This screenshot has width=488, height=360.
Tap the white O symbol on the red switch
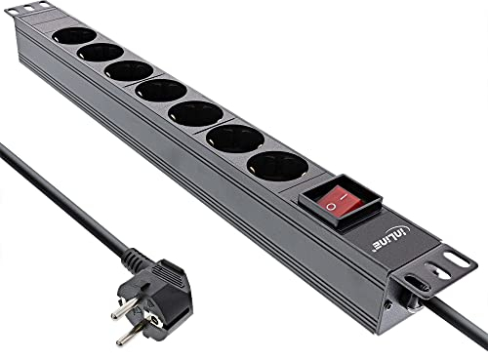coord(332,207)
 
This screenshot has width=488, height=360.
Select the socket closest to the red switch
coord(278,165)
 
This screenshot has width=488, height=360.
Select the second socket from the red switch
coord(235,138)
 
